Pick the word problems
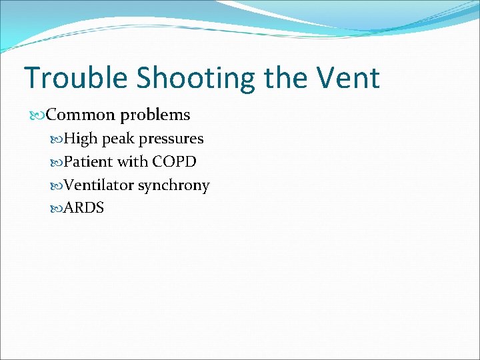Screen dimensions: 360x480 155,115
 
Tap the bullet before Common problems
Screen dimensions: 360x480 38,115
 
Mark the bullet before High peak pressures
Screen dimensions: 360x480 56,139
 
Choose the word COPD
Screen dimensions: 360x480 174,162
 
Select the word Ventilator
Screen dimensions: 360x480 99,185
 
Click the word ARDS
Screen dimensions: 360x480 84,208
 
